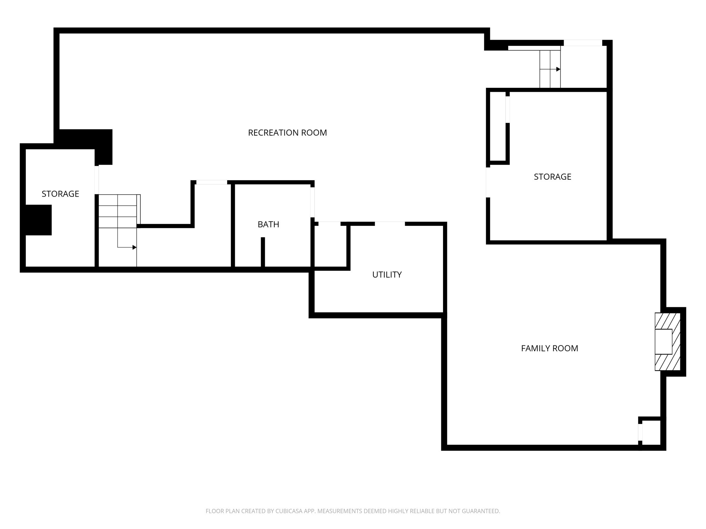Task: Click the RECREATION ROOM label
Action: click(287, 133)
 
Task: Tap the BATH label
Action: click(268, 224)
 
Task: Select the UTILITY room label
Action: click(387, 274)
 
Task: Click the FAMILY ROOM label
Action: click(549, 348)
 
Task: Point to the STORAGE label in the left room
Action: click(60, 194)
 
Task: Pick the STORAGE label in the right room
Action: click(552, 177)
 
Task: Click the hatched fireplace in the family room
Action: click(668, 342)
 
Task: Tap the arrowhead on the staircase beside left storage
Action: click(134, 247)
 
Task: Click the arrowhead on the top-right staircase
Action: click(558, 69)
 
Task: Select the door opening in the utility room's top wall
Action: click(390, 224)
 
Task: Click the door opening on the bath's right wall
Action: click(312, 202)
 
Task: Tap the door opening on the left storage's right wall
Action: click(97, 180)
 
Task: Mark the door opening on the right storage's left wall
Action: click(488, 182)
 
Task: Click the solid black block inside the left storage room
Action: click(38, 220)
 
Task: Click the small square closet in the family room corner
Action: click(651, 433)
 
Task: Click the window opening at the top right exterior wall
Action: click(583, 43)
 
